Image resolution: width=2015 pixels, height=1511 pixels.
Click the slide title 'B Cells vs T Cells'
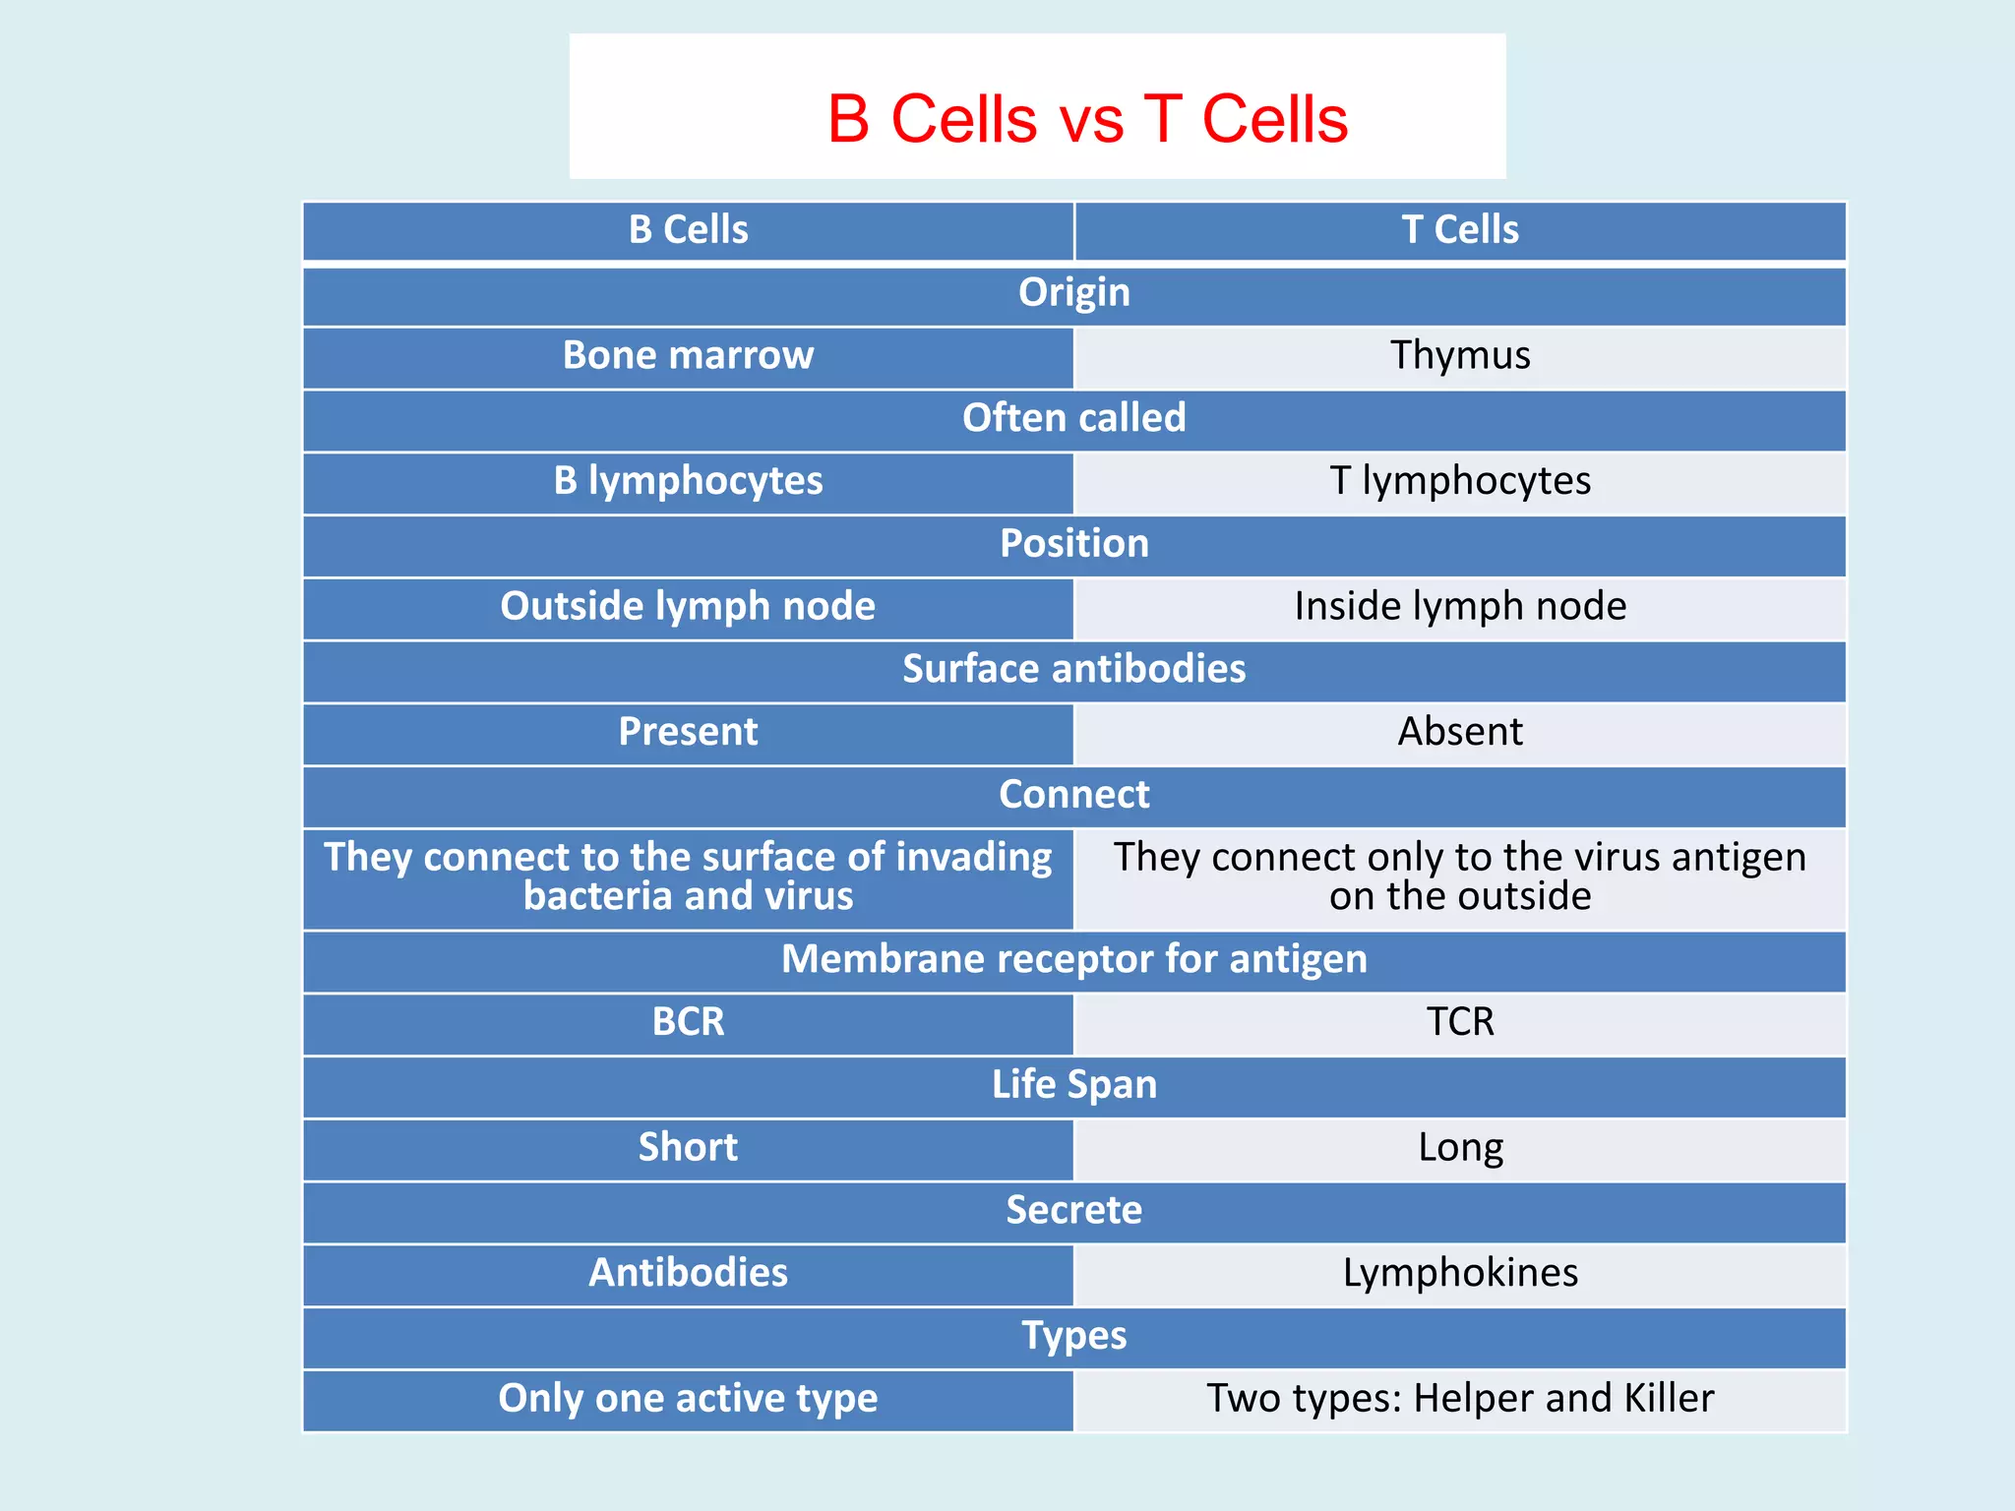[x=1087, y=119]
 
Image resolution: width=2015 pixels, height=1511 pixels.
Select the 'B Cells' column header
[x=688, y=230]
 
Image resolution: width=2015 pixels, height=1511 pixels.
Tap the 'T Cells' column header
[x=1460, y=230]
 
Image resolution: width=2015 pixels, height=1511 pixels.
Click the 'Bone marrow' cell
[x=688, y=356]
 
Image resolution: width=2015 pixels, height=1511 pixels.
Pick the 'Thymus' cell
[x=1460, y=356]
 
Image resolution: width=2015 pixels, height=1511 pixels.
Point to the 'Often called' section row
[x=1073, y=419]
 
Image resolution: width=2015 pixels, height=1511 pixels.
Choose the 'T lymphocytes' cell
[x=1460, y=482]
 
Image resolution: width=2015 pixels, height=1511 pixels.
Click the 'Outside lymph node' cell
[x=688, y=607]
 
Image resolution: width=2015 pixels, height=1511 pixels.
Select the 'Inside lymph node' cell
[x=1460, y=607]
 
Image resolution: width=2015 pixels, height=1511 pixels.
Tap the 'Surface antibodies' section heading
[x=1073, y=670]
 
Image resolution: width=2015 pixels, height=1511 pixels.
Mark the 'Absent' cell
[x=1460, y=733]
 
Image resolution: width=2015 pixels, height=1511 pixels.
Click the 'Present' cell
[x=688, y=733]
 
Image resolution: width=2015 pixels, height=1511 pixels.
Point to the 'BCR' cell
[x=688, y=1023]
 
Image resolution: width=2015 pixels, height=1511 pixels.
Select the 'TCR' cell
[x=1460, y=1023]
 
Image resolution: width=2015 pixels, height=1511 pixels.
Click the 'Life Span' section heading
[x=1073, y=1085]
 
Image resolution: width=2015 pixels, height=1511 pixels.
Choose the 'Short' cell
[x=688, y=1148]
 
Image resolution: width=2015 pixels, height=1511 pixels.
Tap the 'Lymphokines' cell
[x=1460, y=1274]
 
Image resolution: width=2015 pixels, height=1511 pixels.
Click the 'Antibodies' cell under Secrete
[x=688, y=1274]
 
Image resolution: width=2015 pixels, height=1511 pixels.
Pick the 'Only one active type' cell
[x=688, y=1399]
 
